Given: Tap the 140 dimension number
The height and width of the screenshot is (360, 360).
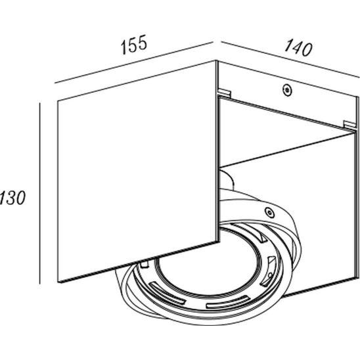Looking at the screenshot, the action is [298, 48].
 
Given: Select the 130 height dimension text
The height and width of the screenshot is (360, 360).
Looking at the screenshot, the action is [12, 198].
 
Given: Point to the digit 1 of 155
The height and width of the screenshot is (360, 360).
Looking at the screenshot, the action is [124, 47].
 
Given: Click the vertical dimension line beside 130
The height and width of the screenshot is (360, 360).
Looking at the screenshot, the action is [39, 193].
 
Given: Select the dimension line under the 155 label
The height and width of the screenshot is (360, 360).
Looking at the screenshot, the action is [134, 62].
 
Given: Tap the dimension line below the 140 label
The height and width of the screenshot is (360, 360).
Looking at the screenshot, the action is [290, 60].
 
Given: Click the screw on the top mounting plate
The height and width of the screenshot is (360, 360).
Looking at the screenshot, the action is [287, 90].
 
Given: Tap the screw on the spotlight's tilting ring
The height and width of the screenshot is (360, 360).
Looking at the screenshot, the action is [269, 212].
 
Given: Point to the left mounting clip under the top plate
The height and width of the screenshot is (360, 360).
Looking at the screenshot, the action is [224, 92].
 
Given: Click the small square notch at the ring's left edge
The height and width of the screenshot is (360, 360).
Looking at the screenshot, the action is [145, 264].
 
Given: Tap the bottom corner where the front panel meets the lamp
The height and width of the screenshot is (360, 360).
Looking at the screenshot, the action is [217, 242].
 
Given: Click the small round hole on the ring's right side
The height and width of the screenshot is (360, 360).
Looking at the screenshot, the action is [270, 275].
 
